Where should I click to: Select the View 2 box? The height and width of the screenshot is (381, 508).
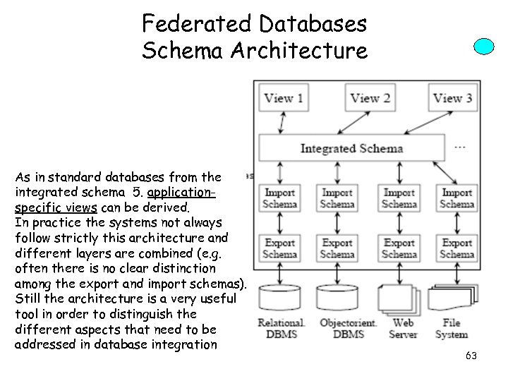click(370, 98)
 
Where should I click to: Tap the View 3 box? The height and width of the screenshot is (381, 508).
click(452, 98)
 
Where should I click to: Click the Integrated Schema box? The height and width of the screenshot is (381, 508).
click(351, 148)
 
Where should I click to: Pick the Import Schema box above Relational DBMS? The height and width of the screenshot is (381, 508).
click(280, 198)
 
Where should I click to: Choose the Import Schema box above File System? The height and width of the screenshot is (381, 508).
click(456, 198)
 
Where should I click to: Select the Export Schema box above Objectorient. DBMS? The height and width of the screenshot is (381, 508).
click(337, 248)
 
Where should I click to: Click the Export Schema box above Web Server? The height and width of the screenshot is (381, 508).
click(399, 248)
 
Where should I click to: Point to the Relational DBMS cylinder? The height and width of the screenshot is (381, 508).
click(280, 298)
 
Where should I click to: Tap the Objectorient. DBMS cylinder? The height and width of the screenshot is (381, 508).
click(337, 298)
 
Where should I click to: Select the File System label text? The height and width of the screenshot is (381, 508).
click(452, 329)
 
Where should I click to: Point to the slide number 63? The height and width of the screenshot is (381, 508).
click(471, 356)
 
